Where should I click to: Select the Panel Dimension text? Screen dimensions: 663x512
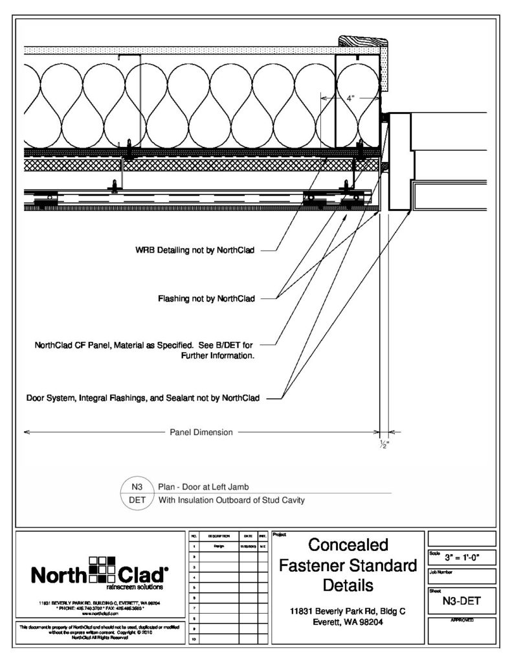click(201, 432)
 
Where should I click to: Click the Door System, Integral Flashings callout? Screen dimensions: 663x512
click(142, 398)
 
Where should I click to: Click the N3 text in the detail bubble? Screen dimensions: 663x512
click(137, 486)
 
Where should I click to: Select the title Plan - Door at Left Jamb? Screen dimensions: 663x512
click(204, 486)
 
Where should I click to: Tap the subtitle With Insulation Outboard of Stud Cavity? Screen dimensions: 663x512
click(231, 500)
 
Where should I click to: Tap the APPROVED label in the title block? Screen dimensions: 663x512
click(462, 620)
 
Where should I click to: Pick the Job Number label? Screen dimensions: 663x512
click(443, 572)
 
